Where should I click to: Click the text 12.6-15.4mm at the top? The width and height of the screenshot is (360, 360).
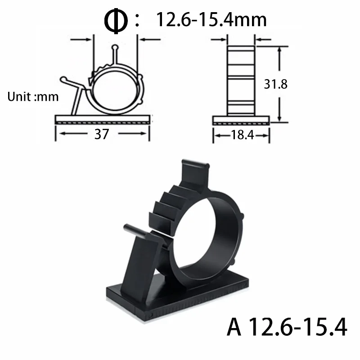coord(211,19)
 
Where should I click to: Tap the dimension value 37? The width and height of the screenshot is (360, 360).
coord(101,134)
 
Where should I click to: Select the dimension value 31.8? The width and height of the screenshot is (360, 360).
coord(276,84)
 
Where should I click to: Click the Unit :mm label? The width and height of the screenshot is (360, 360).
coord(33,97)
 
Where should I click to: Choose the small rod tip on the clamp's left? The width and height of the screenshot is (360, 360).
coord(128,228)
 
